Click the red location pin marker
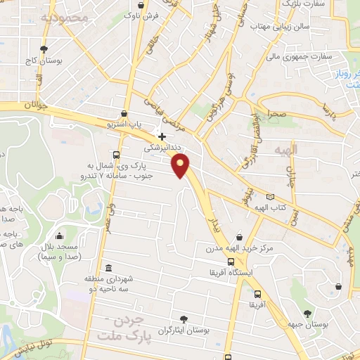(181, 166)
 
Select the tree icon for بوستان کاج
(44, 49)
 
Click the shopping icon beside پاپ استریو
(124, 113)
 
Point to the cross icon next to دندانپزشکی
(162, 136)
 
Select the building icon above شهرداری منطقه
(108, 268)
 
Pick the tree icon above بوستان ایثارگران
(184, 318)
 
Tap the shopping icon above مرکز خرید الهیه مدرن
(241, 238)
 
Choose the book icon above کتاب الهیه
(271, 198)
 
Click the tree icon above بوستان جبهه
(307, 314)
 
